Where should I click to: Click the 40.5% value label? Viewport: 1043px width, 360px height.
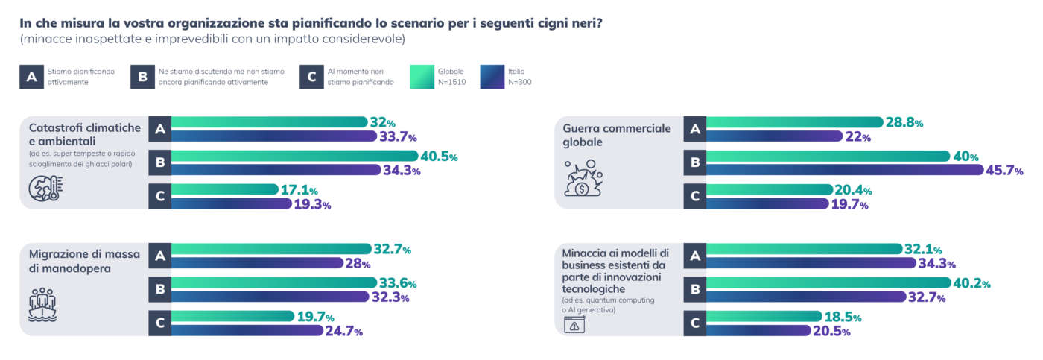click(x=439, y=157)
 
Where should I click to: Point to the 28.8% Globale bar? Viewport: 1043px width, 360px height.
click(x=794, y=122)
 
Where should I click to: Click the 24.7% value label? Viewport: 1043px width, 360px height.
click(x=344, y=332)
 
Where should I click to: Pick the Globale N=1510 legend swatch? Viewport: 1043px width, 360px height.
click(x=422, y=77)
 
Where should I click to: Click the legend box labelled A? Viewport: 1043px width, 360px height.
click(x=31, y=77)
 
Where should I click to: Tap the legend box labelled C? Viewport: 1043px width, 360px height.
click(x=311, y=77)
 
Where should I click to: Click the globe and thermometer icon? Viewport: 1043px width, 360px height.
click(x=45, y=189)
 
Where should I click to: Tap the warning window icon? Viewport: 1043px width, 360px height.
click(x=574, y=325)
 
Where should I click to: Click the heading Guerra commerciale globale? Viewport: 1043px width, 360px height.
click(x=617, y=134)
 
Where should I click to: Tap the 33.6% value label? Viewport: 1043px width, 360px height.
click(x=398, y=284)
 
